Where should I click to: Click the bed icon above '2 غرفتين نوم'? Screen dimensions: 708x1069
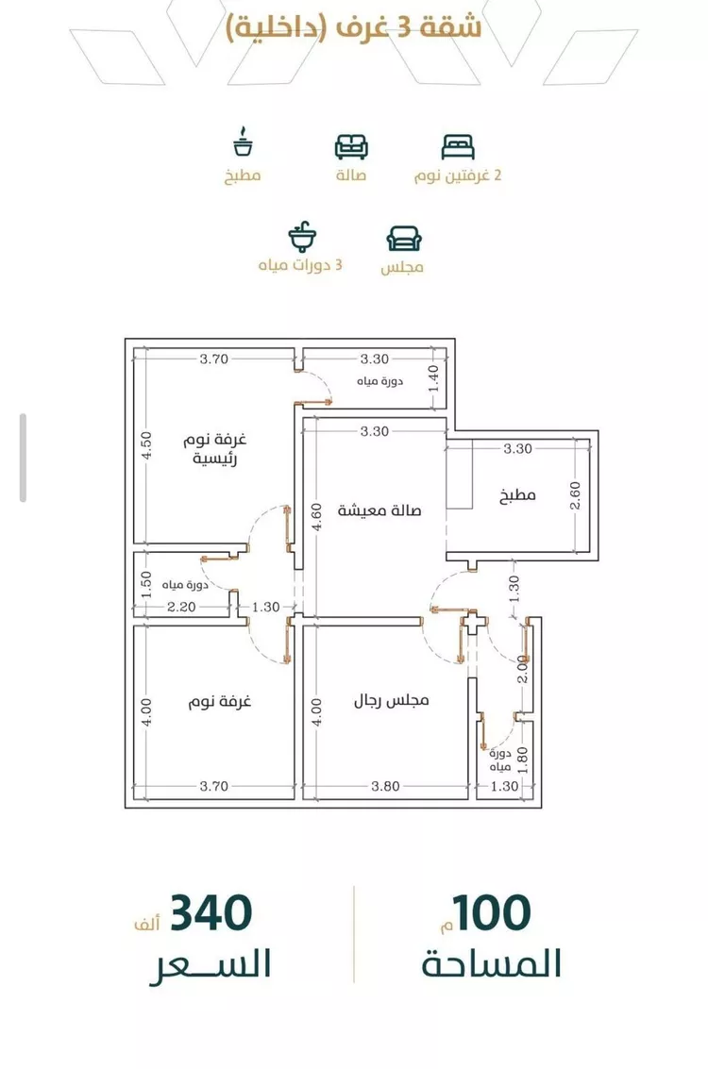tap(458, 147)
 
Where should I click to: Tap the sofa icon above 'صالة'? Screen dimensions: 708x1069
tap(351, 146)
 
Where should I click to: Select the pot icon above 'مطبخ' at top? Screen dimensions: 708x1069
tap(243, 142)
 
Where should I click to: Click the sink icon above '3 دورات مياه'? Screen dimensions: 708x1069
tap(302, 237)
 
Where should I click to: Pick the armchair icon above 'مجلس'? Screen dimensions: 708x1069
tap(404, 239)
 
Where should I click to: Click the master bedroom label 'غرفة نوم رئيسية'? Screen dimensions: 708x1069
tap(214, 448)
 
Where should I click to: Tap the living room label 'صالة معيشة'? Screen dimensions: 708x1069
tap(379, 509)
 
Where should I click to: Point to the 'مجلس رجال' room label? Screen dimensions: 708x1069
tap(391, 700)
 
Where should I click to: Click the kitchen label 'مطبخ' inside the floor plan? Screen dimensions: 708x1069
tap(517, 495)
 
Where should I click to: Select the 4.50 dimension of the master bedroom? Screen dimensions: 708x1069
tap(146, 446)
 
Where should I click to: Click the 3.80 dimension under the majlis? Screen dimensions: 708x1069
tap(385, 786)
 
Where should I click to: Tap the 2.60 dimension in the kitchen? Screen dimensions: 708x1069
tap(575, 495)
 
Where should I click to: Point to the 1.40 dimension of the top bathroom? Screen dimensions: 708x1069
tap(432, 379)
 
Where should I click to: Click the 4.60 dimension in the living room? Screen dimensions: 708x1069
tap(316, 517)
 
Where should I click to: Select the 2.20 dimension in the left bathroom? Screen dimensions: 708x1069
tap(181, 607)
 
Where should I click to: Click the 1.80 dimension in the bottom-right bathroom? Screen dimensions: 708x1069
tap(522, 760)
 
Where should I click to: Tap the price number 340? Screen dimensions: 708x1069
tap(211, 913)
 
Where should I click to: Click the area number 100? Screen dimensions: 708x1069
tap(491, 913)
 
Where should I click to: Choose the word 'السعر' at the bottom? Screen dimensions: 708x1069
tap(211, 965)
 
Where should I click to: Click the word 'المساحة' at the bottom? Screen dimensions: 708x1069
tap(491, 964)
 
